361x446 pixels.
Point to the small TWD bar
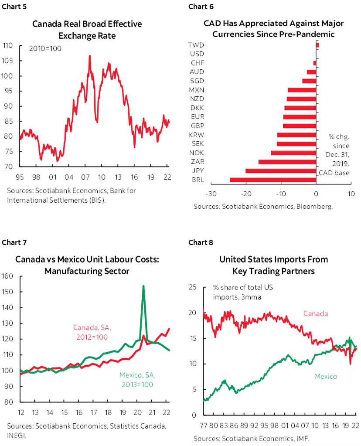pyautogui.click(x=317, y=45)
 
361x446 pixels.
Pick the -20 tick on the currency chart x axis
pyautogui.click(x=246, y=194)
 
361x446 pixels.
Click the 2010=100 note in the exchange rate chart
pyautogui.click(x=46, y=48)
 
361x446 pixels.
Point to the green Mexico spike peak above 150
pyautogui.click(x=143, y=286)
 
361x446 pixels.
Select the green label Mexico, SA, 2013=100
pyautogui.click(x=137, y=379)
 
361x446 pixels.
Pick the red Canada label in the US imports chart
pyautogui.click(x=315, y=313)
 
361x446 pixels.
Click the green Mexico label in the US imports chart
pyautogui.click(x=325, y=376)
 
